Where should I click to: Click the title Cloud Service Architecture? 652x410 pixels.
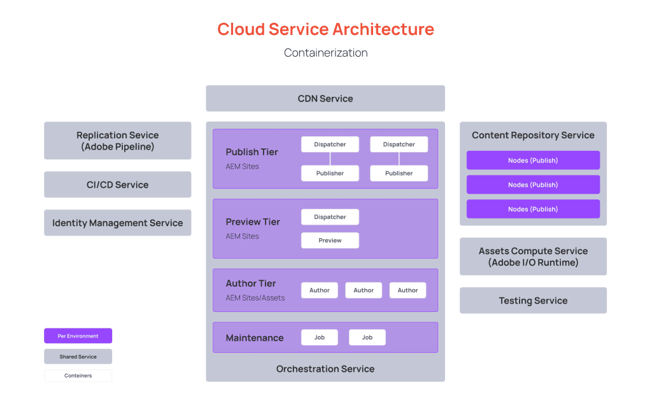[325, 29]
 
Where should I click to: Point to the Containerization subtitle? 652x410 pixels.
[325, 53]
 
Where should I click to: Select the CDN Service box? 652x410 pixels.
[325, 99]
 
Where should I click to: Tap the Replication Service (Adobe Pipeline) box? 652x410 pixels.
[118, 141]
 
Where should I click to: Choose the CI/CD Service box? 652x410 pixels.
[118, 185]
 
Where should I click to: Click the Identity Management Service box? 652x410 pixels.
[118, 223]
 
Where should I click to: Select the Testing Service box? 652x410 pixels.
[533, 300]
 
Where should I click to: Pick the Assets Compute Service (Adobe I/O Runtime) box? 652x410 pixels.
[533, 257]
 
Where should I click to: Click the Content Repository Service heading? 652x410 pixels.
[533, 135]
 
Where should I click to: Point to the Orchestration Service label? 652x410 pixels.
[325, 369]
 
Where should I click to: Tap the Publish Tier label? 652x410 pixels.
[252, 152]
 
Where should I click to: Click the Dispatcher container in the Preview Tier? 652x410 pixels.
[330, 217]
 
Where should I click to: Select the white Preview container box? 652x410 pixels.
[330, 241]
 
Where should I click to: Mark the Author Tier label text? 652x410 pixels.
[251, 283]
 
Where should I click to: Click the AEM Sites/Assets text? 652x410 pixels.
[255, 298]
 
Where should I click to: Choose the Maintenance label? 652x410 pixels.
[255, 338]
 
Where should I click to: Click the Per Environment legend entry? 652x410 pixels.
[78, 336]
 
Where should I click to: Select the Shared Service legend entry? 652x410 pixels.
[78, 357]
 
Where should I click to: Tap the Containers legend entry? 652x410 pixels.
[78, 376]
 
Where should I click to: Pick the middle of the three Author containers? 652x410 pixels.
[364, 290]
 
